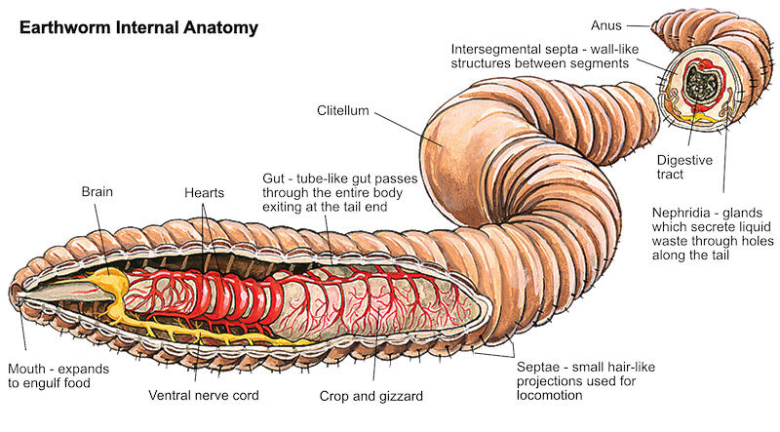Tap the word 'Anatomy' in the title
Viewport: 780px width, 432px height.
click(x=221, y=27)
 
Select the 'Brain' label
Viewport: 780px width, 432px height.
click(x=97, y=193)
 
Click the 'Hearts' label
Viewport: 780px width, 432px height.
click(x=204, y=193)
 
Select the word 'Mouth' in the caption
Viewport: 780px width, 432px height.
click(x=28, y=369)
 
